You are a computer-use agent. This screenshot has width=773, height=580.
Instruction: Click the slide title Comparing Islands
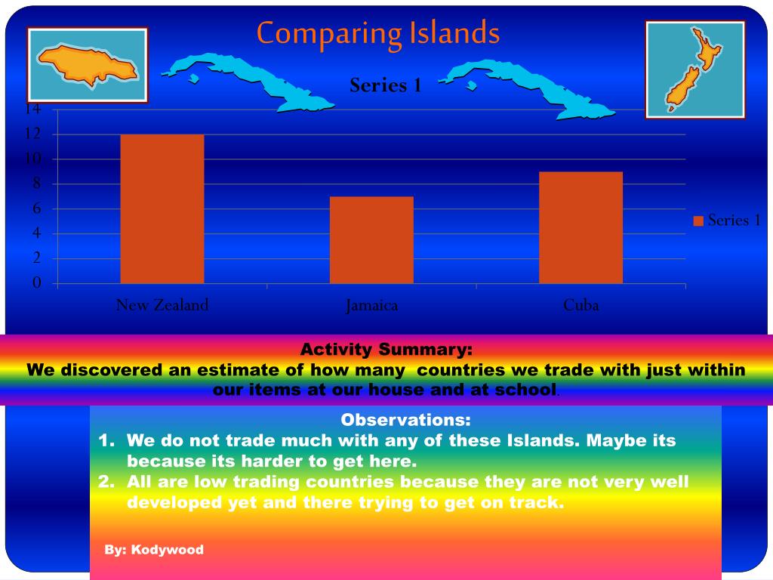tap(377, 34)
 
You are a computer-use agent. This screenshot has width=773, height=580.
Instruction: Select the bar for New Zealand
tap(162, 209)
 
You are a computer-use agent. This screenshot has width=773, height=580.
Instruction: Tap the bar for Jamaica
tap(371, 240)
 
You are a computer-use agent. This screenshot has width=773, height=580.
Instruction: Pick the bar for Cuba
tap(581, 227)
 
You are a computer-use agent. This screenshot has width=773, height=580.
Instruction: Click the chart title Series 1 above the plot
tap(385, 85)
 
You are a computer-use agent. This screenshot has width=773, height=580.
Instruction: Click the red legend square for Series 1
tap(698, 221)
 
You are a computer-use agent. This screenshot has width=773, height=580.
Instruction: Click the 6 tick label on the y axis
tap(35, 209)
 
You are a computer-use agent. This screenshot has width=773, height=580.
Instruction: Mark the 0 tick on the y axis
tap(35, 283)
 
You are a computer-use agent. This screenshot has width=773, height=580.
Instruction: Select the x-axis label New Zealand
tap(162, 305)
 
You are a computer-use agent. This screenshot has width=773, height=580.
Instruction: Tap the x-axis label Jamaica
tap(371, 306)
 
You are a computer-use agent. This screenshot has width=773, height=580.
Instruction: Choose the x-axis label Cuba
tap(581, 305)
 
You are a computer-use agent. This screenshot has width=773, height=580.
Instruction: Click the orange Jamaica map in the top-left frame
tap(87, 64)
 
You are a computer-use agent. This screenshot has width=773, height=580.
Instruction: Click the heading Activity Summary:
tap(386, 350)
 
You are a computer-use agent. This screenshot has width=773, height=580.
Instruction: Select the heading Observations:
tap(405, 420)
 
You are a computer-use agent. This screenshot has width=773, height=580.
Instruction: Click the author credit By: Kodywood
tap(154, 550)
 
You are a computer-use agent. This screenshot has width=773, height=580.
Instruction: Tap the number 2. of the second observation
tap(107, 482)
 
